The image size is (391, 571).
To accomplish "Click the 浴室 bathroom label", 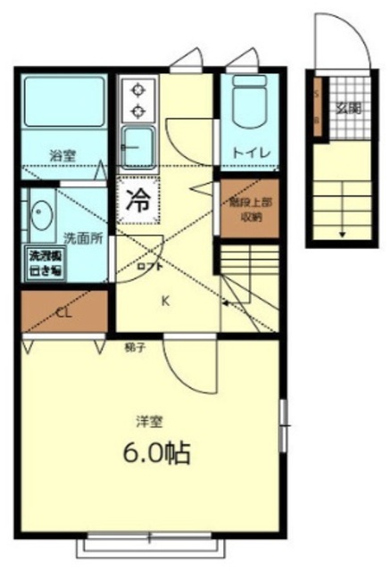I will [x=62, y=154].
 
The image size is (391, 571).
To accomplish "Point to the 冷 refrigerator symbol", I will [x=137, y=200].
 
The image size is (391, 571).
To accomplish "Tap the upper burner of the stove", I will [x=138, y=89].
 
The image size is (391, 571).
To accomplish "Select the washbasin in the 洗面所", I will [x=40, y=214].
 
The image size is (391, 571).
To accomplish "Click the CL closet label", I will [x=63, y=312].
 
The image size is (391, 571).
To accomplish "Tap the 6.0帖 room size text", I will [x=157, y=452].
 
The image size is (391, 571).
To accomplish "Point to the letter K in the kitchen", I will [x=165, y=301].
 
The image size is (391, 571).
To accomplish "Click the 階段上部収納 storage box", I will [x=245, y=209].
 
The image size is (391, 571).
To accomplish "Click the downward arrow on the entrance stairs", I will [x=342, y=233].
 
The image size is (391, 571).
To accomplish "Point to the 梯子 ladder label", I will [x=134, y=343].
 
